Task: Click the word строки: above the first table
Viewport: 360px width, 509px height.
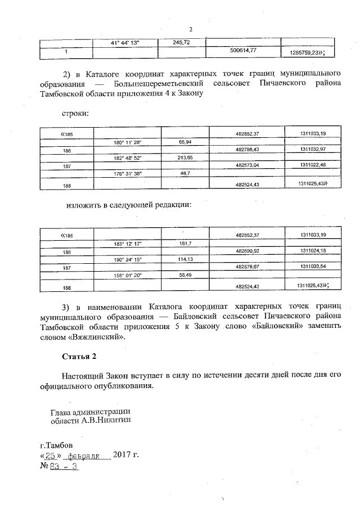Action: tap(74, 113)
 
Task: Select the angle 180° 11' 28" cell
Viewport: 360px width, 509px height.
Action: tap(127, 143)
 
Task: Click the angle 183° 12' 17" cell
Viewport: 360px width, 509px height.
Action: tap(127, 244)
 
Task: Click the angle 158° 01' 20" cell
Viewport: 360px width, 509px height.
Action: tap(127, 275)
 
